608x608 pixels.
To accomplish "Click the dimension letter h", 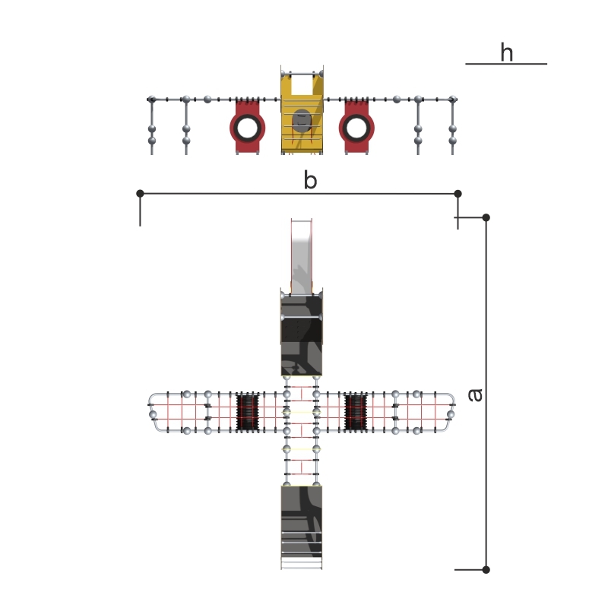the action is click(507, 52).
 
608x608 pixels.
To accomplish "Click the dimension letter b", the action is click(310, 179).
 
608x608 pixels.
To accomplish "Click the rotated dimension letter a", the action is click(476, 395).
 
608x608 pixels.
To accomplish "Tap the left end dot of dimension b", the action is click(141, 193).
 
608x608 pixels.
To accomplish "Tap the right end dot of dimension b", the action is click(458, 194).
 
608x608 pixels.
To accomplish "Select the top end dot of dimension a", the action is click(486, 217).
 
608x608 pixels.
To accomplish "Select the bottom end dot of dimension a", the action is click(486, 569).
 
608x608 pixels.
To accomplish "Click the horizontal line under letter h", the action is click(506, 64).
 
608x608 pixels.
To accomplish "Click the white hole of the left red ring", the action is click(247, 128).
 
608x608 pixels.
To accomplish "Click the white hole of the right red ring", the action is click(356, 128).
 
